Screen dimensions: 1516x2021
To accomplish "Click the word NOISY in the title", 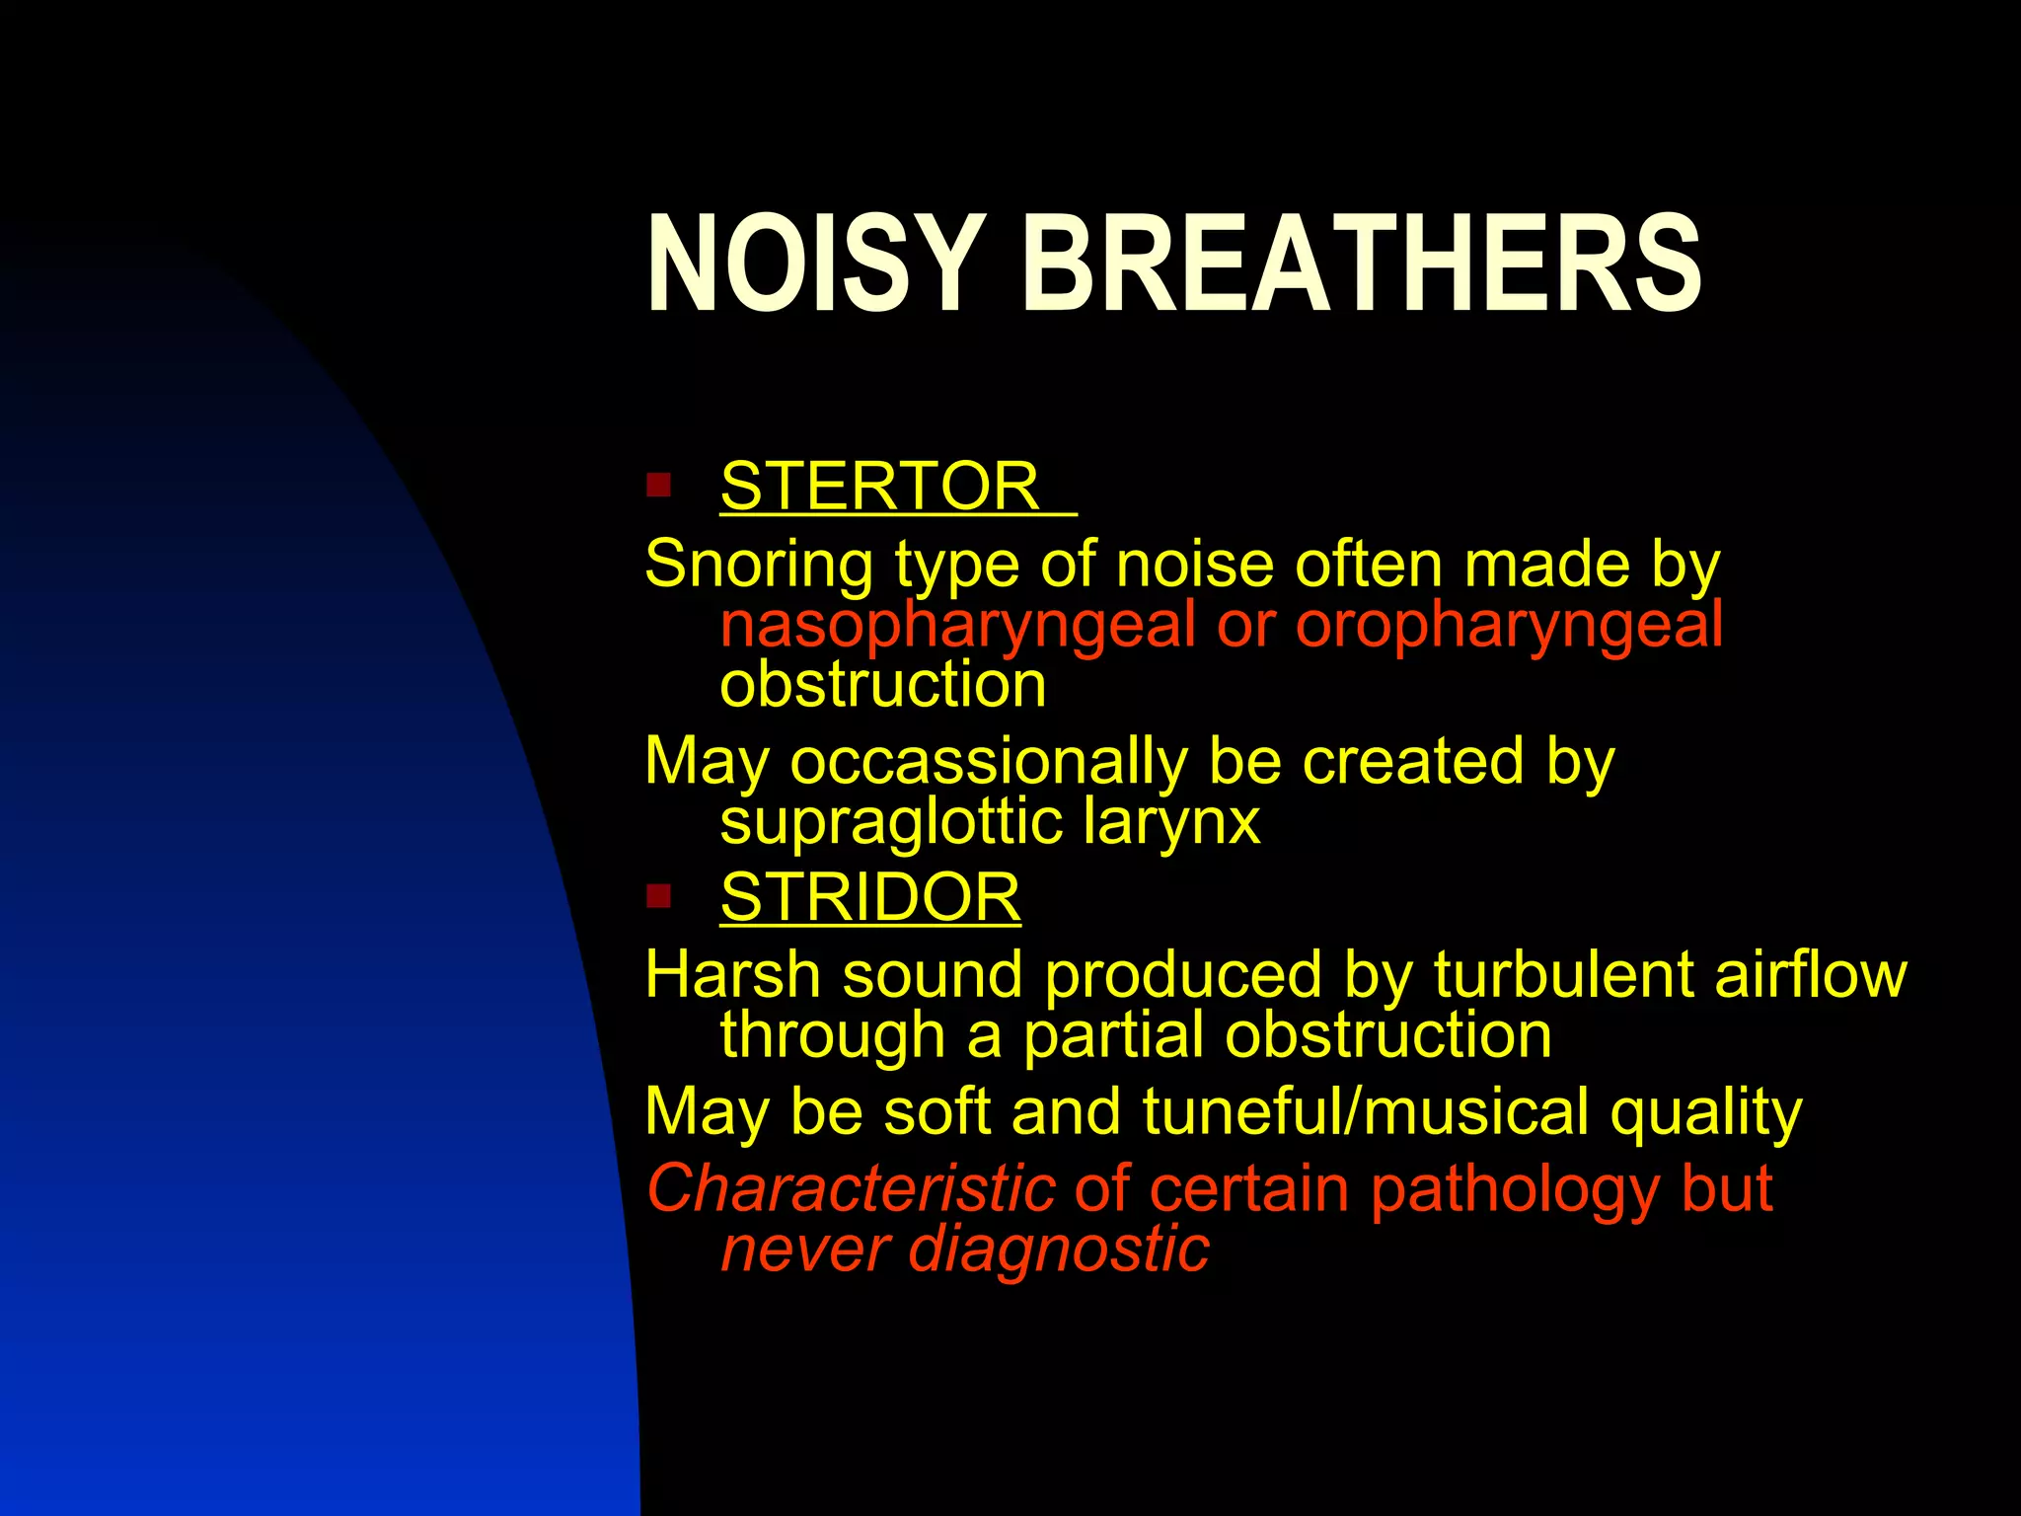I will point(815,265).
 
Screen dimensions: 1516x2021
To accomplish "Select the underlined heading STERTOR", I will point(879,486).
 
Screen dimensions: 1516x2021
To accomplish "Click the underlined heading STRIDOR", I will point(869,897).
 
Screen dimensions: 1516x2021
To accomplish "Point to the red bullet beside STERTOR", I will point(658,486).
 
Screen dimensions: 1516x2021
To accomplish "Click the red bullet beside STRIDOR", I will point(658,897).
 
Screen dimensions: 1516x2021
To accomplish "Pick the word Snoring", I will point(758,565).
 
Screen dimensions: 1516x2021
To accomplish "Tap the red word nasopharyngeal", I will point(957,627).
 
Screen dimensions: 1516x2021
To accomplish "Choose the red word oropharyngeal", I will point(1509,627).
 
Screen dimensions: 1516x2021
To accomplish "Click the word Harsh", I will point(732,975).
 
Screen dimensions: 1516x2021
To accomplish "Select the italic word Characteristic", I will point(851,1188).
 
